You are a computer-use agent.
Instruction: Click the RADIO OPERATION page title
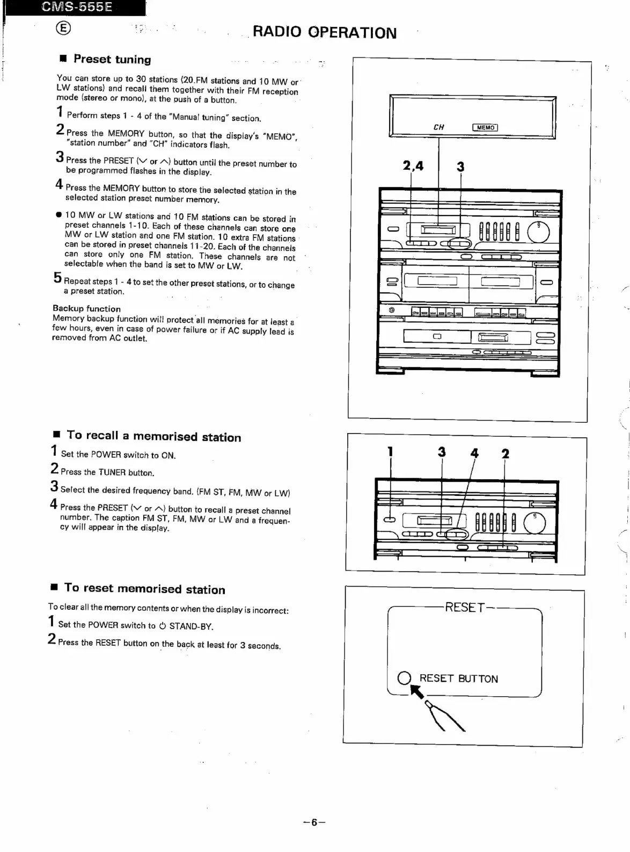click(x=324, y=32)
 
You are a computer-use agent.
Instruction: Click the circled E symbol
click(x=63, y=28)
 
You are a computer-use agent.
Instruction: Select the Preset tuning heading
click(x=112, y=59)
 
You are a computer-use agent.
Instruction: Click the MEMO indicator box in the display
click(x=485, y=127)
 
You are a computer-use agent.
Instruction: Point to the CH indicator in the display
click(x=438, y=127)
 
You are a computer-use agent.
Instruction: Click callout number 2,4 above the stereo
click(x=413, y=166)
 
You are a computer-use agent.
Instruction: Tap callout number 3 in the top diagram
click(x=460, y=167)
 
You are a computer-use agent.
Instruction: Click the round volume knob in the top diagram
click(x=538, y=232)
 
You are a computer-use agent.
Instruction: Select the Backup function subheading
click(x=86, y=308)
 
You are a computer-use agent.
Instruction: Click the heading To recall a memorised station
click(x=153, y=436)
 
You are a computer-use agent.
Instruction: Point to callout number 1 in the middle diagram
click(x=390, y=452)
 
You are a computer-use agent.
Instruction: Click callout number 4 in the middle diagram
click(x=474, y=453)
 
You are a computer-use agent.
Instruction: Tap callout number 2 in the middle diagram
click(x=504, y=454)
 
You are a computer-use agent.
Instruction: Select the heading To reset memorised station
click(x=144, y=589)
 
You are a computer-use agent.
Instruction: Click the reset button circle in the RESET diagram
click(x=404, y=678)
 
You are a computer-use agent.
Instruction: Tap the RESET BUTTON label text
click(x=458, y=678)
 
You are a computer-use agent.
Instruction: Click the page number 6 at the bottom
click(x=314, y=822)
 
